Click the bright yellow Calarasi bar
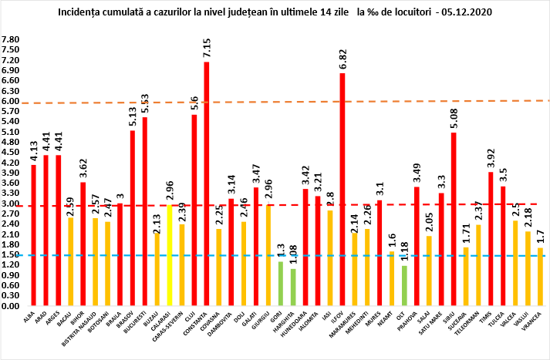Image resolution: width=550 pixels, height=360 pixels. point(169,254)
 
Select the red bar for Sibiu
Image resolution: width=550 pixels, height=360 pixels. point(454,219)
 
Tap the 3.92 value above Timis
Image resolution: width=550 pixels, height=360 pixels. point(491,156)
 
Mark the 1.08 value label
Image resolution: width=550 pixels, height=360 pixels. point(293,254)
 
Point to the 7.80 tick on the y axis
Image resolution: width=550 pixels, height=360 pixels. point(11,39)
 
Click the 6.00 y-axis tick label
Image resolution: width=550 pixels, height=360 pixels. point(11,100)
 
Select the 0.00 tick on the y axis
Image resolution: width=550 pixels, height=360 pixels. point(11,306)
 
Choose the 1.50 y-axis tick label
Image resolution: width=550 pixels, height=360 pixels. point(11,254)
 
